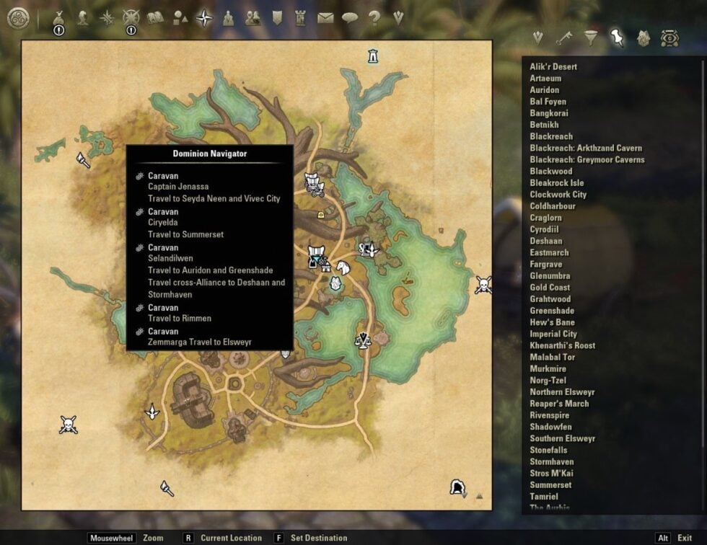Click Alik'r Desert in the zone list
553,67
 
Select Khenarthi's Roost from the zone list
562,345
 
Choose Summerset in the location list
550,485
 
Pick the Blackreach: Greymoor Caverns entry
587,160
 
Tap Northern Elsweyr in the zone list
562,392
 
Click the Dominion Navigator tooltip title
210,154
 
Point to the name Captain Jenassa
178,187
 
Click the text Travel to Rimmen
180,319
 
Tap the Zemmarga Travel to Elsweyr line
200,342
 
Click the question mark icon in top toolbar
374,17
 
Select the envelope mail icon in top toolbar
325,17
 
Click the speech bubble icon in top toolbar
350,17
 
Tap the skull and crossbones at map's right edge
483,285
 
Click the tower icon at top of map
372,56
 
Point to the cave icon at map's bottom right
457,488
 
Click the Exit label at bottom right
685,538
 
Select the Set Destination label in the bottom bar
318,538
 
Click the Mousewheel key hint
112,538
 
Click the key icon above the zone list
564,37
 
